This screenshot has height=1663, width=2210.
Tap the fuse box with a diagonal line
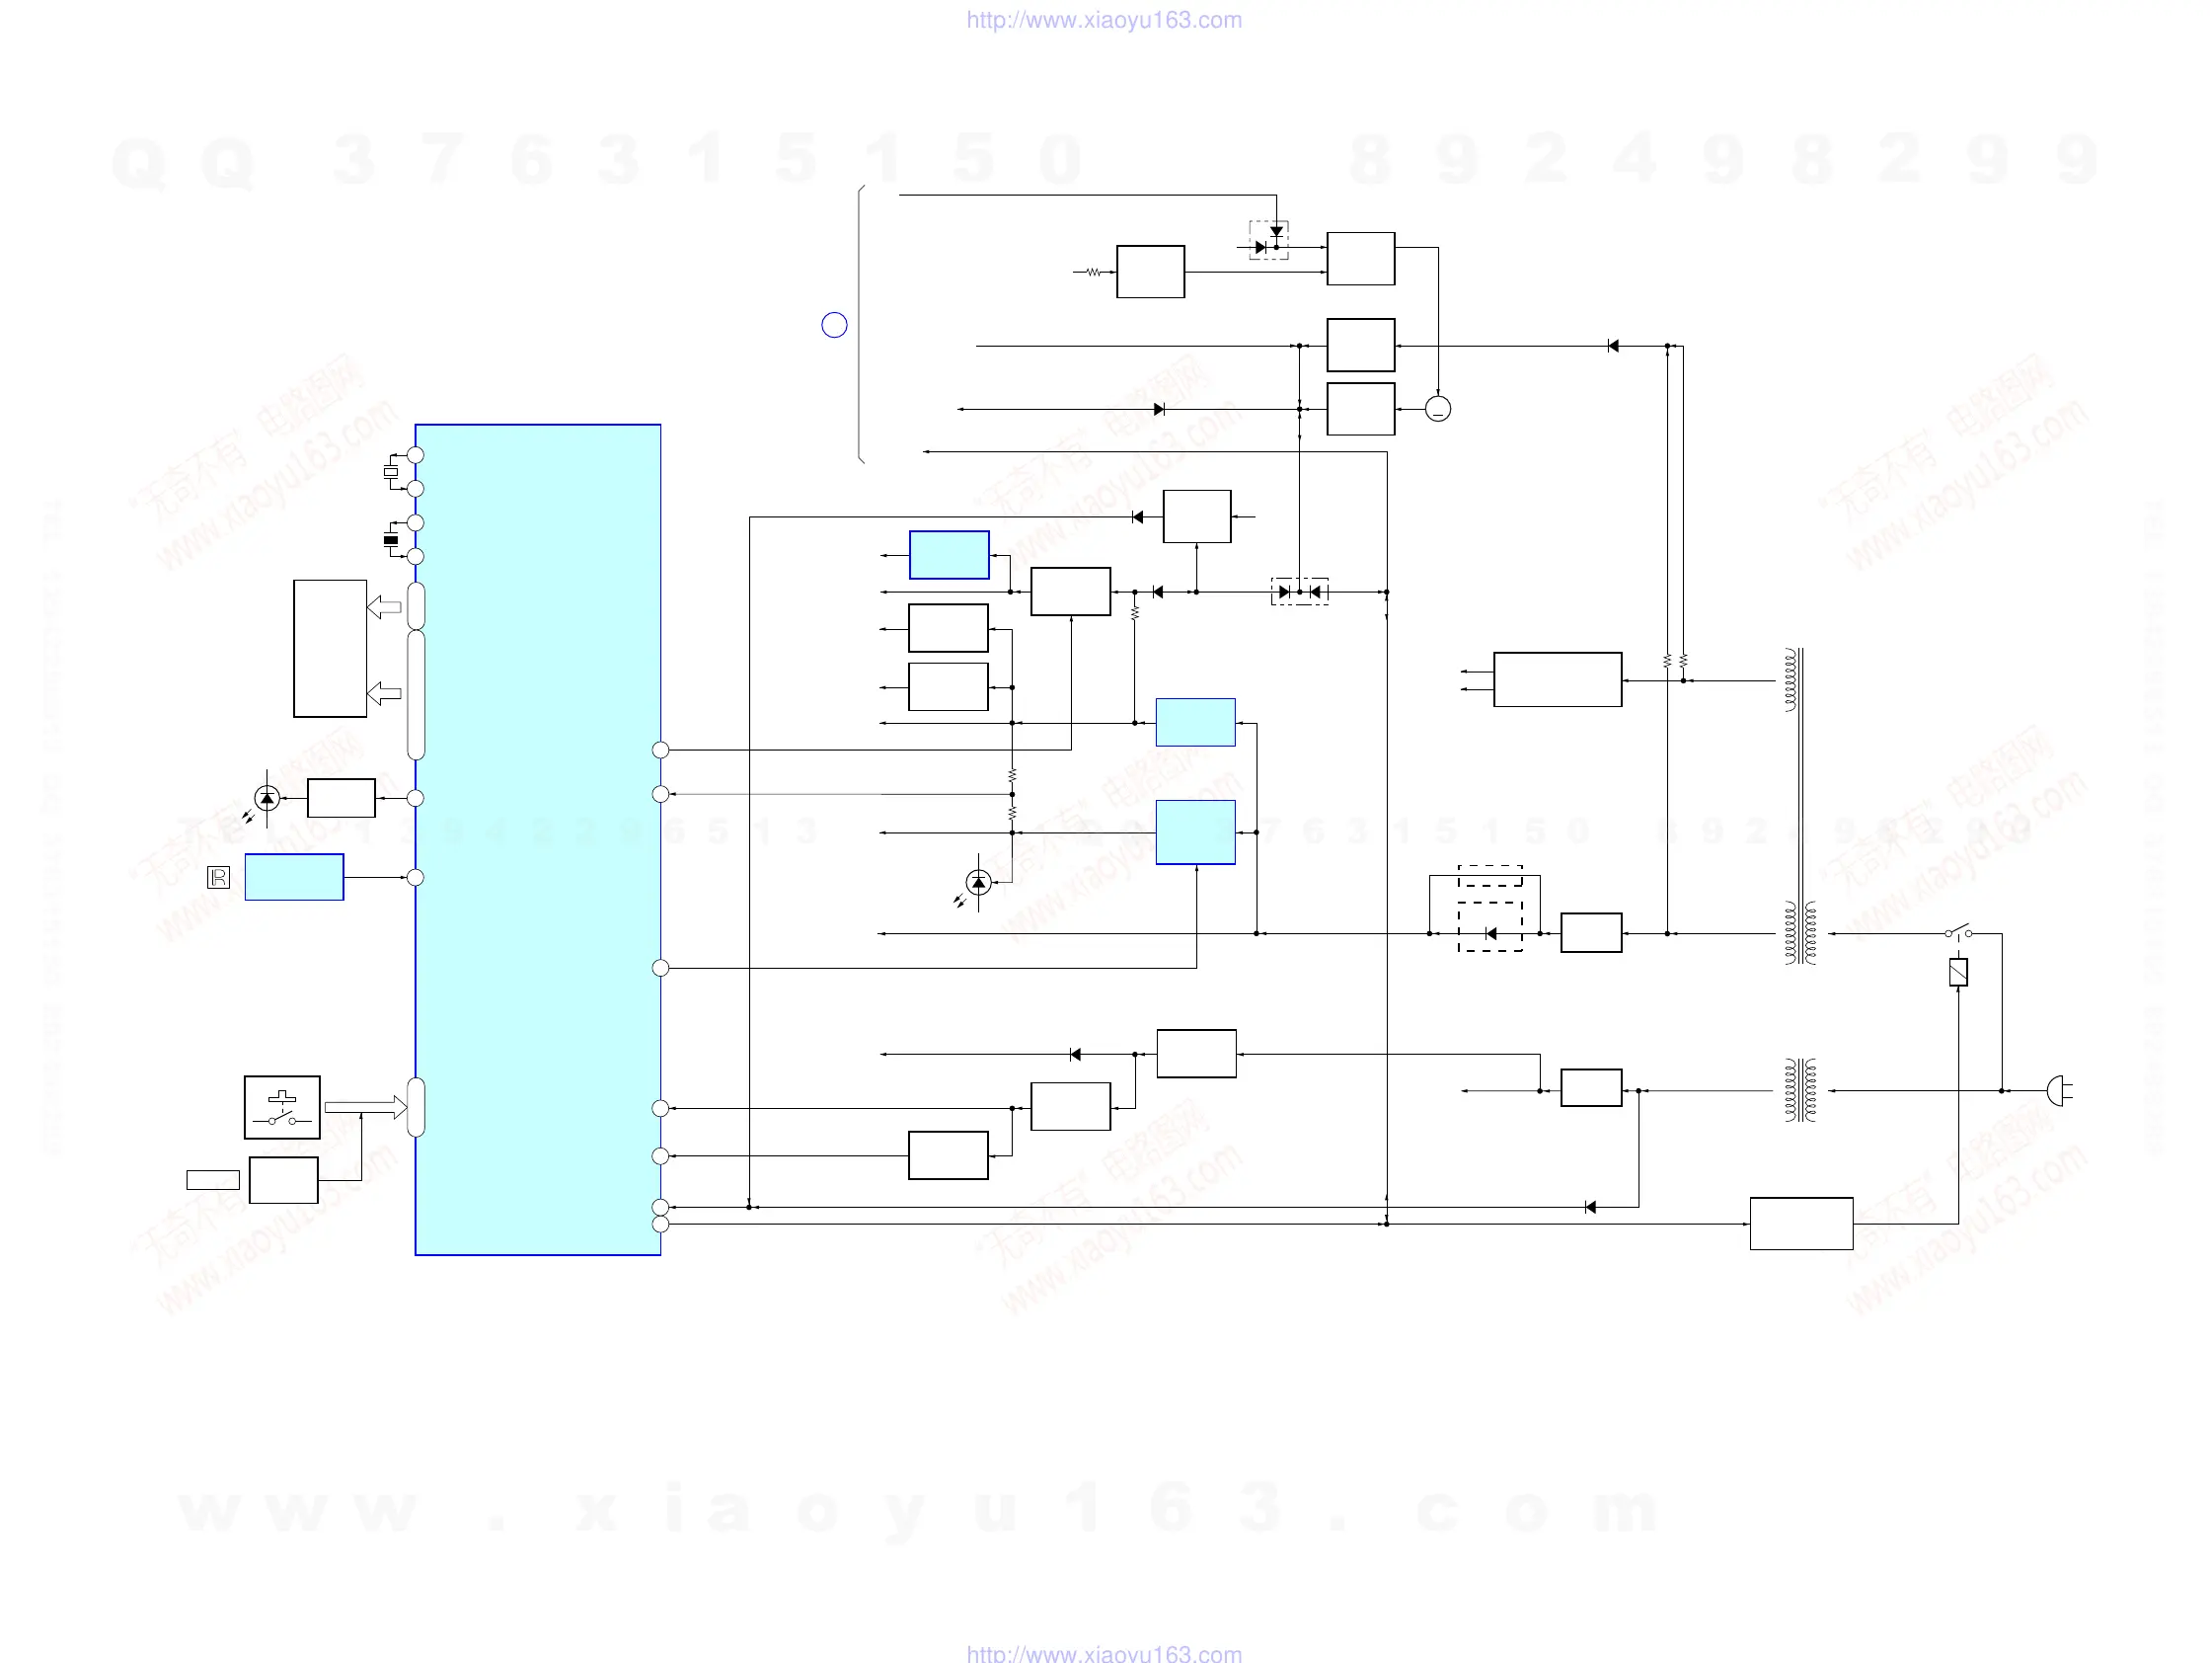pos(1958,973)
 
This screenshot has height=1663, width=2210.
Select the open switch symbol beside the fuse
pos(1958,932)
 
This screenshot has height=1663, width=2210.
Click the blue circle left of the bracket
pos(834,325)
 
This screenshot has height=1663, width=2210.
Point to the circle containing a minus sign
pos(1438,409)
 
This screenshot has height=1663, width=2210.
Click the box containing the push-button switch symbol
pos(281,1107)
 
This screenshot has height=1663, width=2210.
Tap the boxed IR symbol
pos(218,878)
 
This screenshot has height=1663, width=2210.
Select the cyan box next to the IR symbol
pos(295,878)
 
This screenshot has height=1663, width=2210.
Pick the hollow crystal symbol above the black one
pos(391,472)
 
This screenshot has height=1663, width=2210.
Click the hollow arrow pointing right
pos(364,1107)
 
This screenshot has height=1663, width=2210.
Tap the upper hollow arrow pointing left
pos(384,606)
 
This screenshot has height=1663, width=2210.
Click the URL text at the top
pos(1104,20)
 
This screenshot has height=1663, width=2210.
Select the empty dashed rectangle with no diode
pos(1489,877)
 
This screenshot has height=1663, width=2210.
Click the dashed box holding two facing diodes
pos(1299,592)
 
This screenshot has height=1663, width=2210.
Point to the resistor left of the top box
pos(1094,272)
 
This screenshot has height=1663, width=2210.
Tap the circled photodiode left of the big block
pos(267,799)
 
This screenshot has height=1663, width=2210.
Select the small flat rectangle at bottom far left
pos(213,1180)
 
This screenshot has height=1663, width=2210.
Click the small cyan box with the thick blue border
pos(950,555)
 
